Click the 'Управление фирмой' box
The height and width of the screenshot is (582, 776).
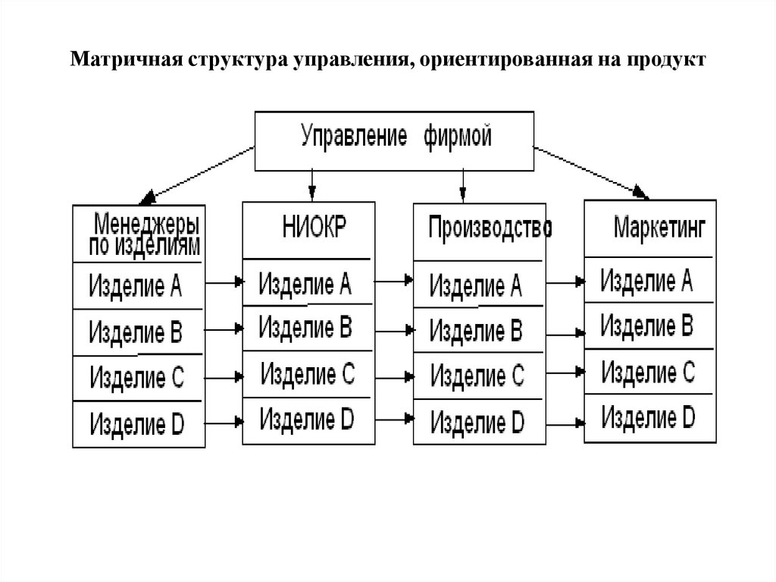pos(395,140)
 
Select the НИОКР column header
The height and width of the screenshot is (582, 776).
pos(307,228)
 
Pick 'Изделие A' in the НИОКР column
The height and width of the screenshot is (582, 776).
pos(305,284)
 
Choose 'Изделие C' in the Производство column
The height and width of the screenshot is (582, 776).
pos(477,374)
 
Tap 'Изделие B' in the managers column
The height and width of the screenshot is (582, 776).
pos(136,332)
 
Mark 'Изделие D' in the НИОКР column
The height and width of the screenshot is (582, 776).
pos(307,417)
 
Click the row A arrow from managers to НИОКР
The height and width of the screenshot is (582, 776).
pos(224,282)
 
